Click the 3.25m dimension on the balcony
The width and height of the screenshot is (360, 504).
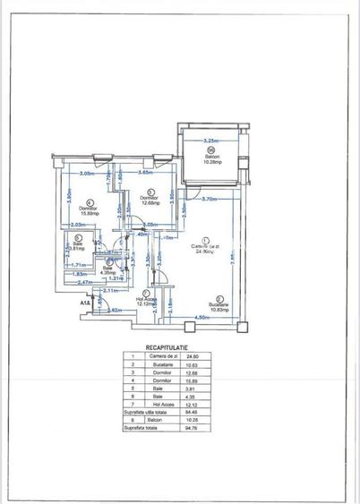pos(211,141)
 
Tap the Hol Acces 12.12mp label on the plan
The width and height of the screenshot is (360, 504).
pos(146,300)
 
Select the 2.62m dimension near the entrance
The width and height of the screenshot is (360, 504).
pos(115,310)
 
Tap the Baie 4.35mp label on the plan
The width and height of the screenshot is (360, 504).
pos(108,269)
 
